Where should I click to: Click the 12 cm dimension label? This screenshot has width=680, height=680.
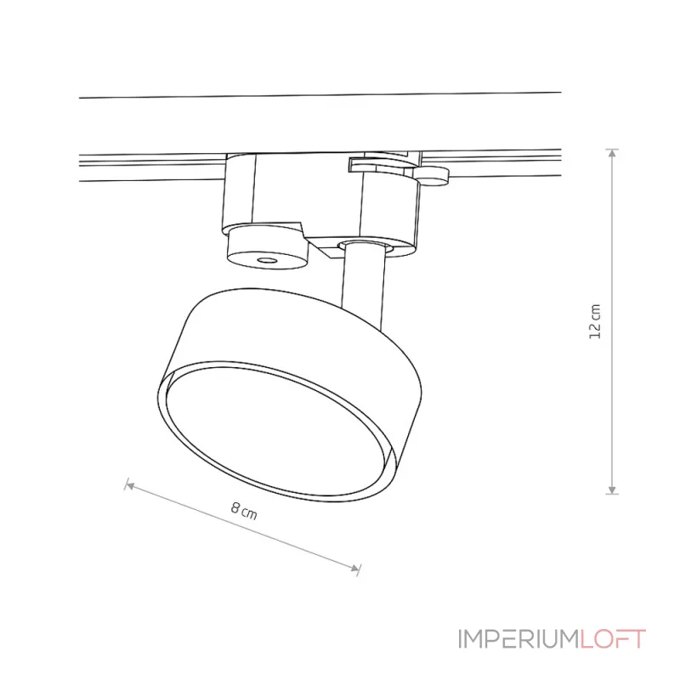pyautogui.click(x=596, y=321)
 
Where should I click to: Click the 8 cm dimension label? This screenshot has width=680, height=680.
pyautogui.click(x=244, y=512)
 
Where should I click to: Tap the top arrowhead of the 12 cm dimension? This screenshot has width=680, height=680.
pyautogui.click(x=612, y=154)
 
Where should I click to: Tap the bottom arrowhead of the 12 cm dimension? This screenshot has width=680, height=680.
pyautogui.click(x=612, y=490)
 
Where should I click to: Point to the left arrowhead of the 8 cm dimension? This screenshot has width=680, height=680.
pyautogui.click(x=130, y=485)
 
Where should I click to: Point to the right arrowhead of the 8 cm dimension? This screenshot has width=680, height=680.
pyautogui.click(x=355, y=568)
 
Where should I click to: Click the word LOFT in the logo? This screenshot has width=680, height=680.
pyautogui.click(x=613, y=639)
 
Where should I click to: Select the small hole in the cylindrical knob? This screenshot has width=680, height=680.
pyautogui.click(x=267, y=261)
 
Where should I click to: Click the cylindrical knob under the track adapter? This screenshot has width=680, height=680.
pyautogui.click(x=267, y=247)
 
